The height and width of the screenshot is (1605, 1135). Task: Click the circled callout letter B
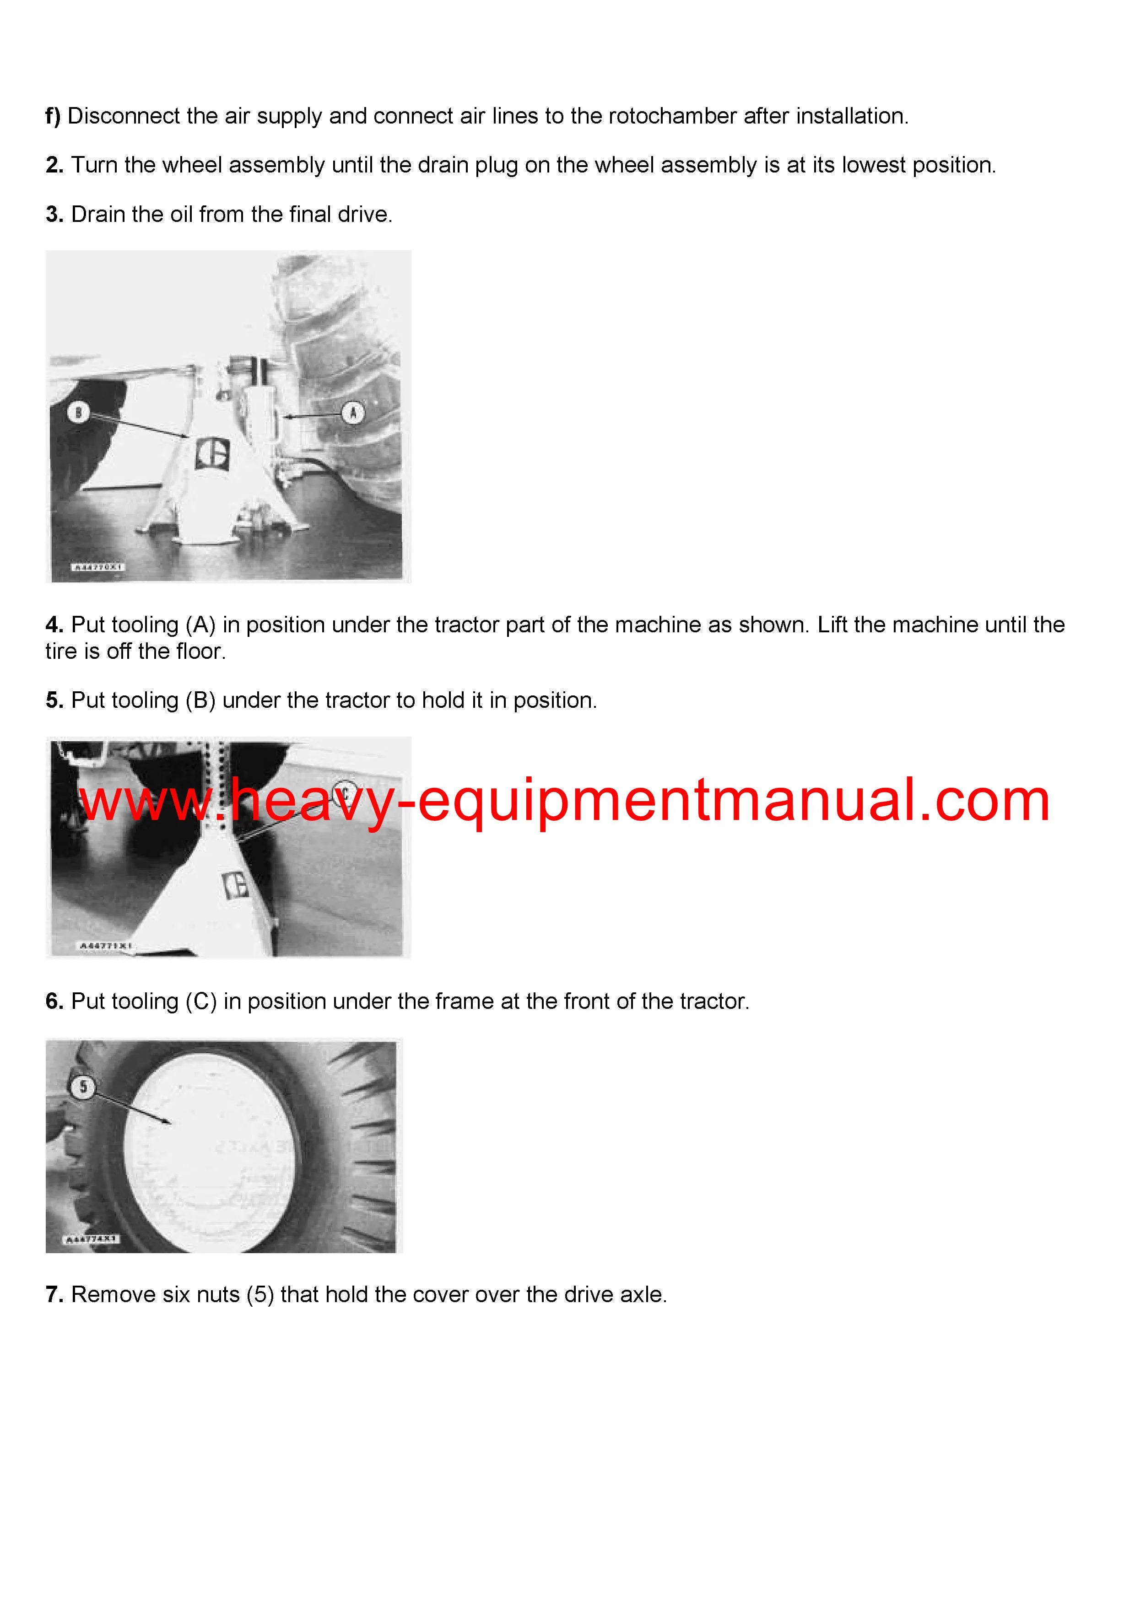[x=78, y=412]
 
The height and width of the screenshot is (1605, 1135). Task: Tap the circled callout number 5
[x=83, y=1087]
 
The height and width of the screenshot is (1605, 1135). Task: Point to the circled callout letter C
[x=343, y=789]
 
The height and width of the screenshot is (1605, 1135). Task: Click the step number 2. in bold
[x=54, y=165]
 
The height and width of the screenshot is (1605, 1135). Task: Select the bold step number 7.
[x=54, y=1295]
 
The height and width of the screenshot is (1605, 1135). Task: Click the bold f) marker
[x=53, y=116]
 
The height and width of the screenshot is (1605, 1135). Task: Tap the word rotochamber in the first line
[x=672, y=116]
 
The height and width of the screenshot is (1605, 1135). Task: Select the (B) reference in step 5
[x=201, y=700]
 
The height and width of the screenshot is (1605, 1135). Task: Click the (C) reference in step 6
[x=201, y=1002]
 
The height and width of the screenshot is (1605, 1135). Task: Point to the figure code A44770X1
[x=98, y=568]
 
